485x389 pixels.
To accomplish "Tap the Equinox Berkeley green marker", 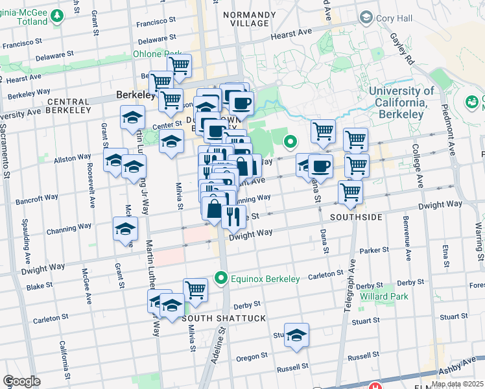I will [x=221, y=279].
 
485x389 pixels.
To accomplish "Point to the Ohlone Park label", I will [x=157, y=54].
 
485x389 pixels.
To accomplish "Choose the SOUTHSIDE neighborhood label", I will [x=355, y=217].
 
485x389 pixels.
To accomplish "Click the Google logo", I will [x=21, y=381].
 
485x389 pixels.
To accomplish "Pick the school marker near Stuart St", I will [x=296, y=335].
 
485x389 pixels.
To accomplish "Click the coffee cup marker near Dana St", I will [x=320, y=166].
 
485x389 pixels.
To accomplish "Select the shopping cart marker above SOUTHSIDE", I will [x=350, y=192].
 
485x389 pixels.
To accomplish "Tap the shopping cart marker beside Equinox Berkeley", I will [x=195, y=290].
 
